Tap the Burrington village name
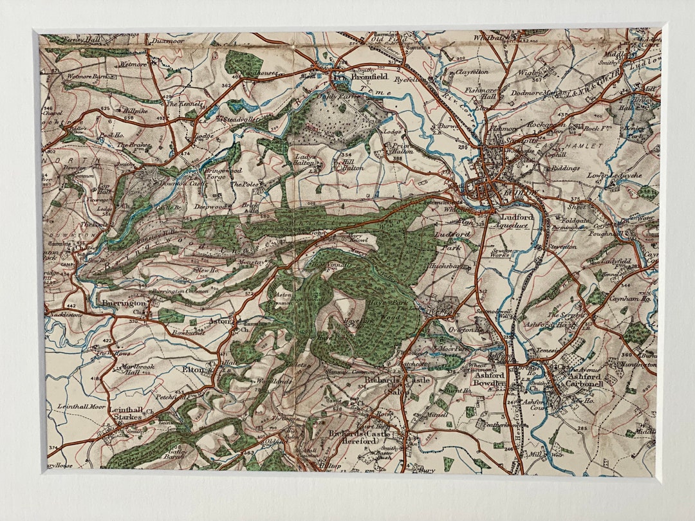124,302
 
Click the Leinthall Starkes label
125,413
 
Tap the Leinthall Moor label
81,407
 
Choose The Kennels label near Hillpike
185,103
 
